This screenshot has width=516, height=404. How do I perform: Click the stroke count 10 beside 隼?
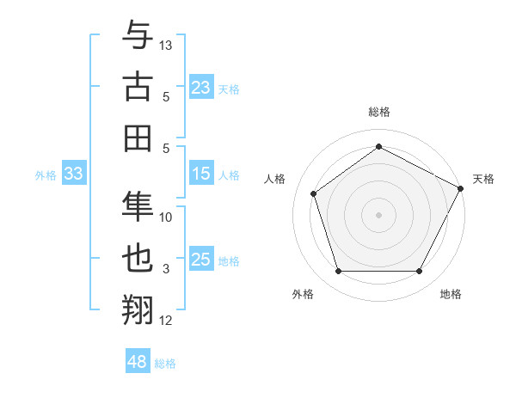tap(167, 217)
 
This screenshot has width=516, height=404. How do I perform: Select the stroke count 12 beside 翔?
tap(167, 321)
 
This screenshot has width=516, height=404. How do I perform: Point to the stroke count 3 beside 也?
tap(167, 269)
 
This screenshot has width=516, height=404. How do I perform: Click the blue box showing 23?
tap(200, 88)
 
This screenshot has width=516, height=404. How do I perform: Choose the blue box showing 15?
tap(200, 174)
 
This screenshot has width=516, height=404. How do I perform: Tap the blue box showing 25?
tap(200, 260)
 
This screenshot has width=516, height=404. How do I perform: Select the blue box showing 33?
tap(73, 174)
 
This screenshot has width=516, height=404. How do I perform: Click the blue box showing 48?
tap(137, 363)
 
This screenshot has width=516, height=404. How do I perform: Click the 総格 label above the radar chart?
tap(378, 112)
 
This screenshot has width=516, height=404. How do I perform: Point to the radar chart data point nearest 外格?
tap(338, 272)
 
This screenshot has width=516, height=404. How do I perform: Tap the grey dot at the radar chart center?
tap(378, 214)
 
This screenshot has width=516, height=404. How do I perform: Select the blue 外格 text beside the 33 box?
tap(46, 175)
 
